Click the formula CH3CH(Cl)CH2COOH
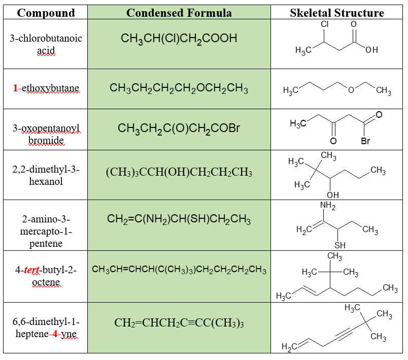point(179,39)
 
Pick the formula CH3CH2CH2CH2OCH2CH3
point(179,89)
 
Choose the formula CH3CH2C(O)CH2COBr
point(179,129)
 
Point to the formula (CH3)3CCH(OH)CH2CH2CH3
point(179,173)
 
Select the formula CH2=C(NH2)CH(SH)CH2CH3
point(179,220)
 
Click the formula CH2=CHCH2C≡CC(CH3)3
point(179,323)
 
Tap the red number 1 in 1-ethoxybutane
point(15,88)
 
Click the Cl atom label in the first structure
point(325,24)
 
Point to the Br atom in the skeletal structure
point(365,141)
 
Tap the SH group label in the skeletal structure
point(339,245)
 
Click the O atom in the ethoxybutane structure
point(350,90)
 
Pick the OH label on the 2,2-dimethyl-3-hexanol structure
point(333,195)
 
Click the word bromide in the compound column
point(46,140)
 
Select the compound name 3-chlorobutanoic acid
point(46,45)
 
